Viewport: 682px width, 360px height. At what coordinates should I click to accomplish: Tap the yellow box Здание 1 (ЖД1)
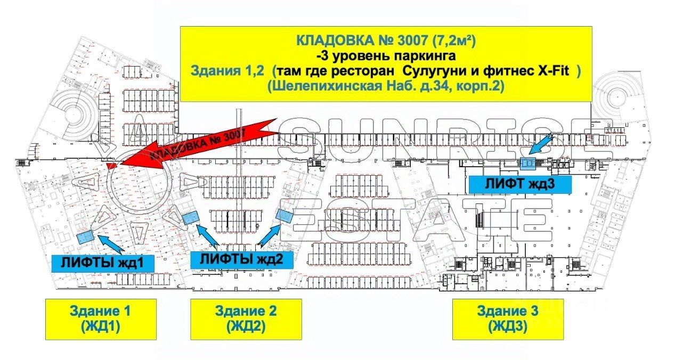point(100,319)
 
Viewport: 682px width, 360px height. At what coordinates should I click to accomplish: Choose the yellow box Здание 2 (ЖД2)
point(246,319)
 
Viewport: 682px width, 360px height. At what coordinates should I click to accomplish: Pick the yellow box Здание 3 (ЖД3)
point(508,319)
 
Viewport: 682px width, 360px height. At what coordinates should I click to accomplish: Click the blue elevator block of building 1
point(85,237)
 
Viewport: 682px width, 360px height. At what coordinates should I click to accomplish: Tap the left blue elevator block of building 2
point(191,218)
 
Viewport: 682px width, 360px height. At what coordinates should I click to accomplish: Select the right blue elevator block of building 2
point(285,216)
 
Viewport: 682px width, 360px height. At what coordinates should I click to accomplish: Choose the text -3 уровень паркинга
point(387,55)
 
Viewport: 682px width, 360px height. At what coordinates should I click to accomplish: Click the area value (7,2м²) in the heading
point(454,40)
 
